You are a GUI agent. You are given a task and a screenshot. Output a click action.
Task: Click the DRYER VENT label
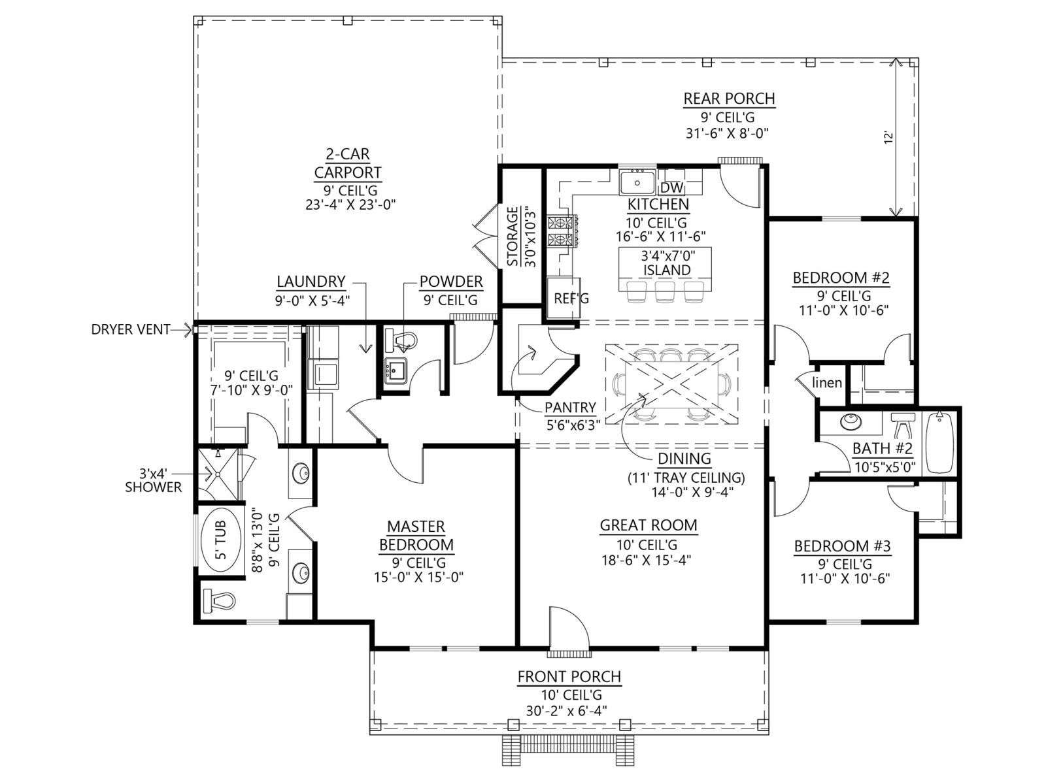131,329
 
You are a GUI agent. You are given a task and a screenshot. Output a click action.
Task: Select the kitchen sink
637,182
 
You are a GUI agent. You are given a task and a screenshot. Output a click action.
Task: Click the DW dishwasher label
672,189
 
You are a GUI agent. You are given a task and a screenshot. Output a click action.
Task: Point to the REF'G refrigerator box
563,298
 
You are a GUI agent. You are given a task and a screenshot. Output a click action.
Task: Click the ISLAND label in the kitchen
667,270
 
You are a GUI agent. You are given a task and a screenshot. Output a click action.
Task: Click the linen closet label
827,382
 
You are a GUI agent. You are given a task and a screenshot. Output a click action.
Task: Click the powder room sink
395,370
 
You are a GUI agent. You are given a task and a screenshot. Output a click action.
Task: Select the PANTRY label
570,408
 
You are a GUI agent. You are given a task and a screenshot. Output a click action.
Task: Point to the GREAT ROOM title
648,525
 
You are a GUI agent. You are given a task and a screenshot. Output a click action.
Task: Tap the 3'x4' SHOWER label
154,480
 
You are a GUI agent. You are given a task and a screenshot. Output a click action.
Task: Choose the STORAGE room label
512,237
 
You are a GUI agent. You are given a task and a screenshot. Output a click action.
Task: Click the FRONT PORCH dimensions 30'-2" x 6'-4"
567,711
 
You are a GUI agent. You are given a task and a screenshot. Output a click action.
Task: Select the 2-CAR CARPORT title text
347,163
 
